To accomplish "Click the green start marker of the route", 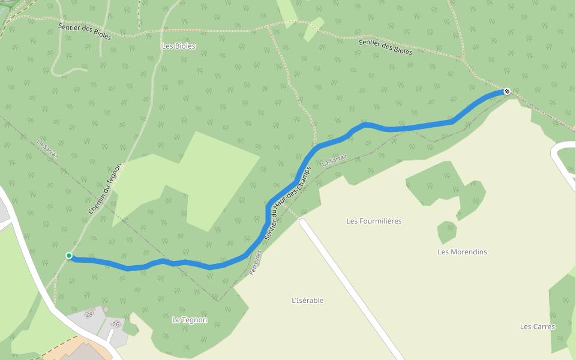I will (69, 256).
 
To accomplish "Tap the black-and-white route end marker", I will (507, 91).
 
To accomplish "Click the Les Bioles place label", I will (179, 46).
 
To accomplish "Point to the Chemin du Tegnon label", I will (104, 189).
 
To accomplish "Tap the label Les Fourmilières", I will (374, 221).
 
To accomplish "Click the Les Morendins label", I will (462, 252).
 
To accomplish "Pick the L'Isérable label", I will (307, 301).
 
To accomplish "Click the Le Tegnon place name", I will (190, 320).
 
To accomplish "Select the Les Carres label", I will (538, 326).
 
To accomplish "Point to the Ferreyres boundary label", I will (256, 263).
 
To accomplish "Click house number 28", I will (89, 314).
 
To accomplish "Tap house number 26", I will (116, 325).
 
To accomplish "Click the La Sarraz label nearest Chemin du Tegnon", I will (47, 149).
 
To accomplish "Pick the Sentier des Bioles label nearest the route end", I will (385, 46).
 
